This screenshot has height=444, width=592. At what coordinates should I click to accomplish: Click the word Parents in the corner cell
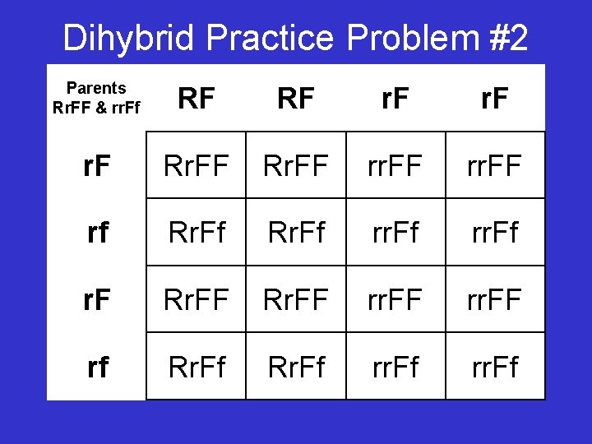point(96,88)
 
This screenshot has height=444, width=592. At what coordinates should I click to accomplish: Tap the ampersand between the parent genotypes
point(103,107)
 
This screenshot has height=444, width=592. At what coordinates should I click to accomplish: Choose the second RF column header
point(296,99)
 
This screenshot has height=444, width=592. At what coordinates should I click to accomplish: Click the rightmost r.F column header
point(495,99)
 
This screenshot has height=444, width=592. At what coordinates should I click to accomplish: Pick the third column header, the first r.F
point(395,99)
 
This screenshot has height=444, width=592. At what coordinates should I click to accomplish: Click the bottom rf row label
point(96,367)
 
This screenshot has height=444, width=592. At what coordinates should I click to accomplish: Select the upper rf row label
point(96,233)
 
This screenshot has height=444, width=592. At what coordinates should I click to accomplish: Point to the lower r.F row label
point(96,299)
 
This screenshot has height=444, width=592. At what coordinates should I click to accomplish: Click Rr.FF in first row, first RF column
point(196,165)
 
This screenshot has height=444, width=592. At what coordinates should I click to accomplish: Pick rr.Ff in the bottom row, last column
point(495,367)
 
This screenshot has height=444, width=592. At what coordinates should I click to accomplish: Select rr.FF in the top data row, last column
point(495,165)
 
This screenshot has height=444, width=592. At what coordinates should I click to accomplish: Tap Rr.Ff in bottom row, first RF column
point(196,367)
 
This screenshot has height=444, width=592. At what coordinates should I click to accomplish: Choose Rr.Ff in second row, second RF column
point(296,233)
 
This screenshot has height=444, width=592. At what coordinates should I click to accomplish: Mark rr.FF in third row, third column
point(395,299)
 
